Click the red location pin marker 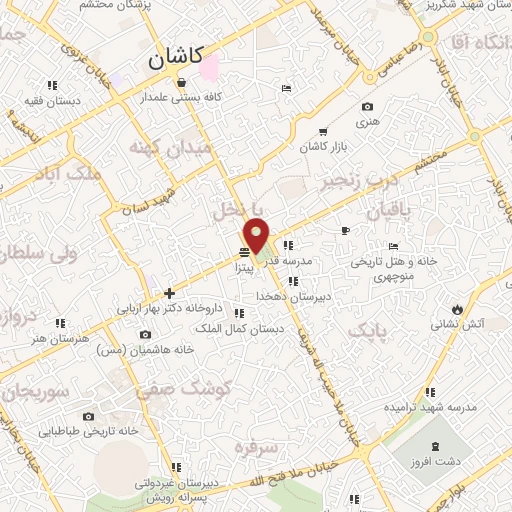(x=258, y=235)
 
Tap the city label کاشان (x=172, y=59)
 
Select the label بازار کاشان (x=323, y=147)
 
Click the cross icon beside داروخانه (x=169, y=293)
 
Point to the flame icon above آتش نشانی (x=458, y=308)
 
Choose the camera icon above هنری (x=367, y=107)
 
